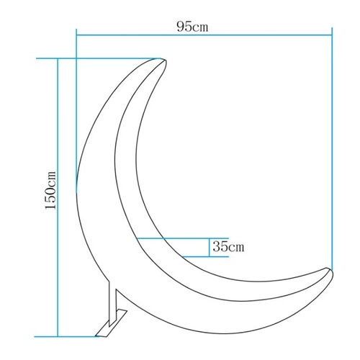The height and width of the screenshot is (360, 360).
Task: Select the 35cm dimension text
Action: (228, 247)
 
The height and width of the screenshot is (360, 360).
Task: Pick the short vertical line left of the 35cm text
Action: (207, 247)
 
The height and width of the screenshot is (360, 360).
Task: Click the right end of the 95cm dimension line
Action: (331, 33)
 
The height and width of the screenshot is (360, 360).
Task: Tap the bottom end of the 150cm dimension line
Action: (57, 336)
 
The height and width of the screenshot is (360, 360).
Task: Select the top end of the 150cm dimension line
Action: (57, 58)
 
